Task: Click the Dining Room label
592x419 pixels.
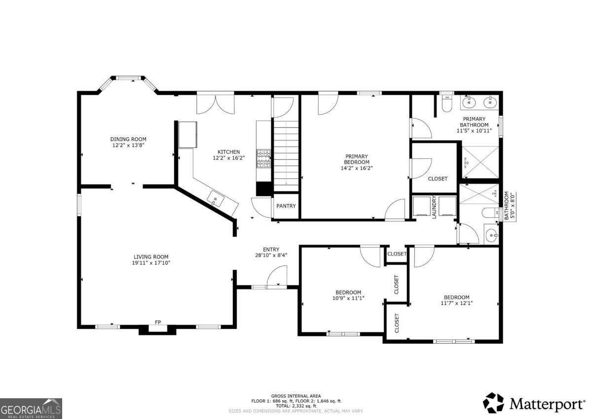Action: [128, 139]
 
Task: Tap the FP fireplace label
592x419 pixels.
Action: [158, 322]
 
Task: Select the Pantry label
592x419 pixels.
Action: [286, 206]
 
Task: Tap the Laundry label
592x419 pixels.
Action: [435, 207]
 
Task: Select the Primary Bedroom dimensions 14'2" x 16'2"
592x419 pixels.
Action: [356, 168]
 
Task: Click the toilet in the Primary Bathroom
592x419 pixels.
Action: [447, 104]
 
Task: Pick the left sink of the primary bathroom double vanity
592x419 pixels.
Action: [468, 103]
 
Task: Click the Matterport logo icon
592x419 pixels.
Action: [493, 403]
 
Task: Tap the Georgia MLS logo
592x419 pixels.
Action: [31, 408]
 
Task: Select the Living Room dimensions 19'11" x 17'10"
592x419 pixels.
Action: [151, 263]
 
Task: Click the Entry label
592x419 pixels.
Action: [271, 250]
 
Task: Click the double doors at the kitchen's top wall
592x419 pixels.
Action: [215, 103]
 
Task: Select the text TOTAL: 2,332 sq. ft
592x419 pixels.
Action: [296, 406]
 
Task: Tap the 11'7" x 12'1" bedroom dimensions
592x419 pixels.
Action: [456, 303]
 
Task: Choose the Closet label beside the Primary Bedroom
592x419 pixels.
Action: [437, 179]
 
